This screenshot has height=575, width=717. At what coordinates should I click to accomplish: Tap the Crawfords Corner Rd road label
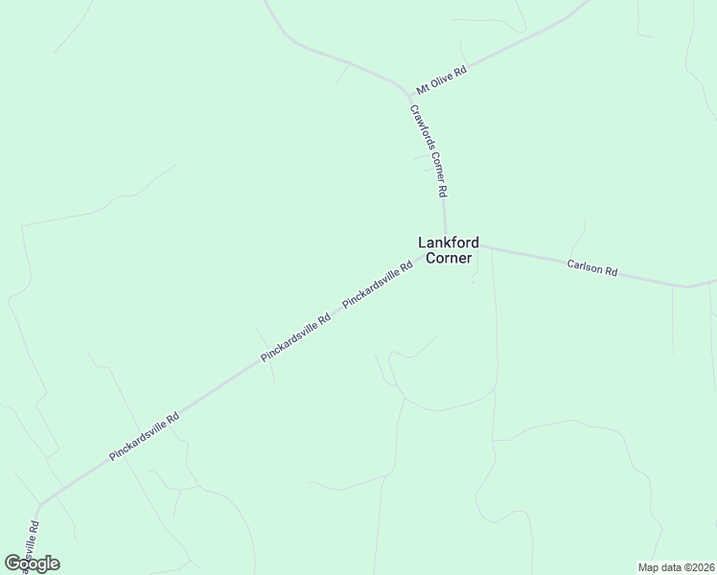428,149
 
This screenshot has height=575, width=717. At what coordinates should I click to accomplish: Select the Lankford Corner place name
448,250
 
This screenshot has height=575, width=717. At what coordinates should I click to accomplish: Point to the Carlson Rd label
591,268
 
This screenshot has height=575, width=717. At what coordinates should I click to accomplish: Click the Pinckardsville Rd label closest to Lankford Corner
377,285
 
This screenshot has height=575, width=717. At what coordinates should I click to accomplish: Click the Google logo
32,563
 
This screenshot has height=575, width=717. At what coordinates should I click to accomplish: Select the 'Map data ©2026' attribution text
675,566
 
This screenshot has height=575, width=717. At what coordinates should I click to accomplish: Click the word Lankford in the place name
448,242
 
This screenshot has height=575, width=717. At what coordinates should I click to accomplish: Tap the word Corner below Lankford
449,258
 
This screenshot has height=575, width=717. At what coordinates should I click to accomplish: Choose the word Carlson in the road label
585,267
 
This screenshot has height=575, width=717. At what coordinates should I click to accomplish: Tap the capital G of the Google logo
12,563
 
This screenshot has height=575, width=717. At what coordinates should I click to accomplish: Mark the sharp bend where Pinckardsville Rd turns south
39,505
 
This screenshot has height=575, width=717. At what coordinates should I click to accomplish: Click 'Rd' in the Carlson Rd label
610,272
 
